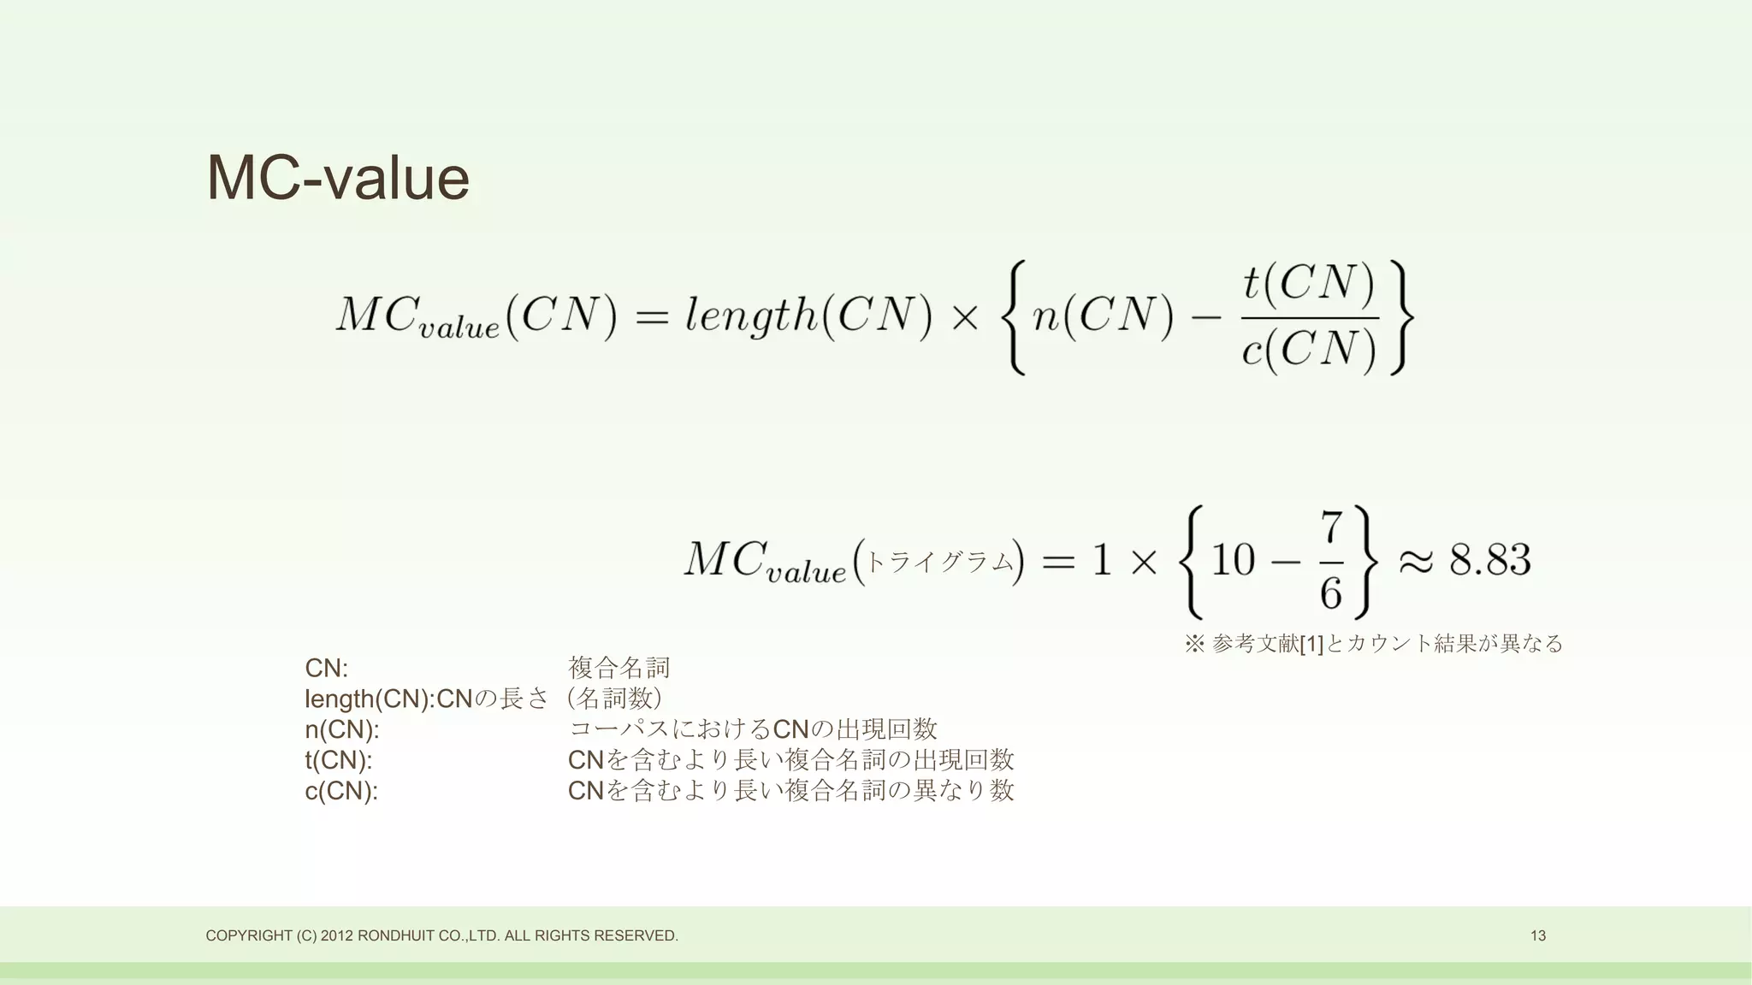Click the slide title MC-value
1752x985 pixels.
338,179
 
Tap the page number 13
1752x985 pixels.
1537,935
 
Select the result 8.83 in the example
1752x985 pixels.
1489,560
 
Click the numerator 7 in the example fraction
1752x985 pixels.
1331,528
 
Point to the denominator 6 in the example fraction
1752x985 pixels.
1331,593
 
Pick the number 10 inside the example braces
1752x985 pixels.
1233,561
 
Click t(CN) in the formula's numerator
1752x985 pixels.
1309,283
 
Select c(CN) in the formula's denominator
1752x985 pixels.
1309,349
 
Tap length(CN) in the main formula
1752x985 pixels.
808,316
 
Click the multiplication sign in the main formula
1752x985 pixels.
965,317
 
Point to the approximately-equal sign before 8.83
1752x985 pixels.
1416,561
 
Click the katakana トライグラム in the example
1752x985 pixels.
939,562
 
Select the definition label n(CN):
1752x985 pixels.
341,729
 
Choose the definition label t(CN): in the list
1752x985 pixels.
339,760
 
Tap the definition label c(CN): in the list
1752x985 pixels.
340,791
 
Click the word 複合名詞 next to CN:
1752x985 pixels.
619,668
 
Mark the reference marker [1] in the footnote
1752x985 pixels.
1311,644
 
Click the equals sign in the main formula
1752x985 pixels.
651,317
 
